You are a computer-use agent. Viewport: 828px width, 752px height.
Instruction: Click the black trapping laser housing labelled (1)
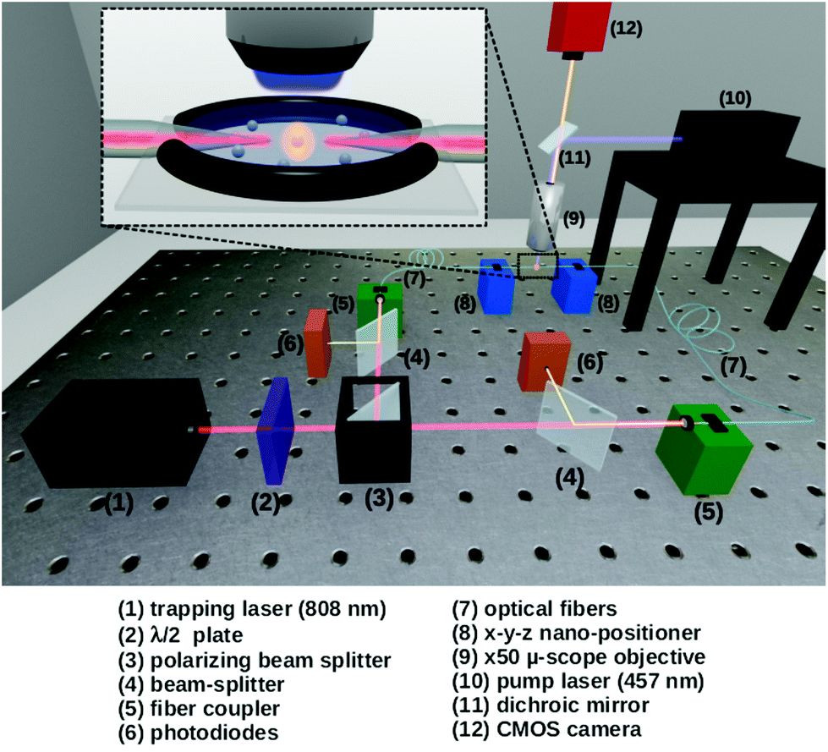(x=113, y=432)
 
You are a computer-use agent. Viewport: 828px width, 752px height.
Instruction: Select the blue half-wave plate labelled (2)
(x=273, y=431)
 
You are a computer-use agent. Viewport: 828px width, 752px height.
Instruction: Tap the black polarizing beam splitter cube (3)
(x=374, y=430)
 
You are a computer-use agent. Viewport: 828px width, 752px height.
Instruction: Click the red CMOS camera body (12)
(x=575, y=26)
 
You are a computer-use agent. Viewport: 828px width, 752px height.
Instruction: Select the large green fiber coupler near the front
(x=704, y=449)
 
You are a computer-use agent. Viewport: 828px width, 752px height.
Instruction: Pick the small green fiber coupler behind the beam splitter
(x=380, y=310)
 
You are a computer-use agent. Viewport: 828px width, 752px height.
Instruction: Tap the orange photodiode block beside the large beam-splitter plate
(x=546, y=362)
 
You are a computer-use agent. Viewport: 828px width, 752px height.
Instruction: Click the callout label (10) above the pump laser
(x=735, y=98)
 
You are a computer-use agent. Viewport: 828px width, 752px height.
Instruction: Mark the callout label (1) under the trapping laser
(x=118, y=503)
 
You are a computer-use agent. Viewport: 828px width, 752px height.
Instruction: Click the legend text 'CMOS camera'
(x=569, y=729)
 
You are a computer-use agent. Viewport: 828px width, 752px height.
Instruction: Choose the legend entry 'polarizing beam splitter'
(x=271, y=661)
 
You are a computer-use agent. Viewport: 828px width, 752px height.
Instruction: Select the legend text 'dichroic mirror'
(x=573, y=705)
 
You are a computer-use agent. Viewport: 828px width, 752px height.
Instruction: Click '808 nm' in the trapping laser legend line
(x=343, y=609)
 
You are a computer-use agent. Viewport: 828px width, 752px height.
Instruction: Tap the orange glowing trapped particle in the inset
(x=299, y=141)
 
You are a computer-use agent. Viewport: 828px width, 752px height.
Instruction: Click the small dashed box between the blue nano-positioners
(x=538, y=266)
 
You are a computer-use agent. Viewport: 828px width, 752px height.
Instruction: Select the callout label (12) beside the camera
(x=626, y=29)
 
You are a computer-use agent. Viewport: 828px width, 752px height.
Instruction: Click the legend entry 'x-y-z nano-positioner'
(x=593, y=633)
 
